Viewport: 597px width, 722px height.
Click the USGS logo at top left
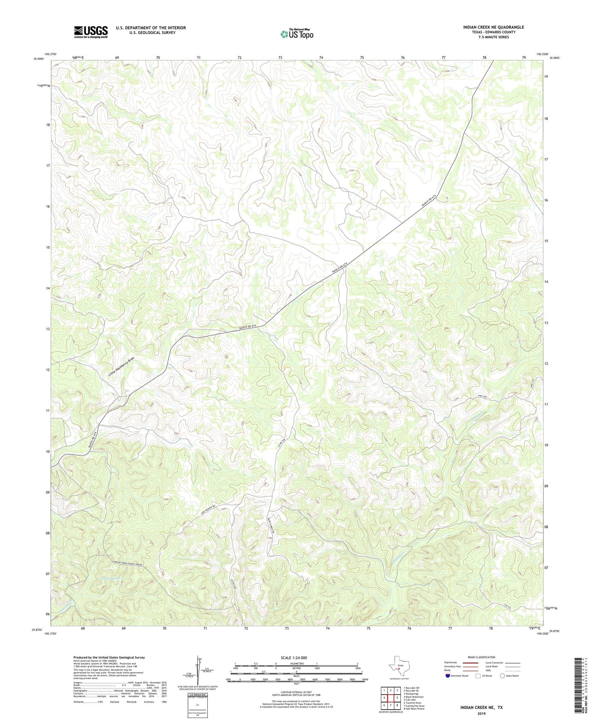91,32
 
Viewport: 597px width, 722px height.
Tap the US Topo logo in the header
296,34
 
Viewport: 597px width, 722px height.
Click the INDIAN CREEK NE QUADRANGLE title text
493,27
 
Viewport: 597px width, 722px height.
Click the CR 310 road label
507,606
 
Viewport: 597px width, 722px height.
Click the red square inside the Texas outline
399,671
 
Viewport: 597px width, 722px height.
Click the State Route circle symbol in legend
502,676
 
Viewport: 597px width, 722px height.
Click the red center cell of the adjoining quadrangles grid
390,698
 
